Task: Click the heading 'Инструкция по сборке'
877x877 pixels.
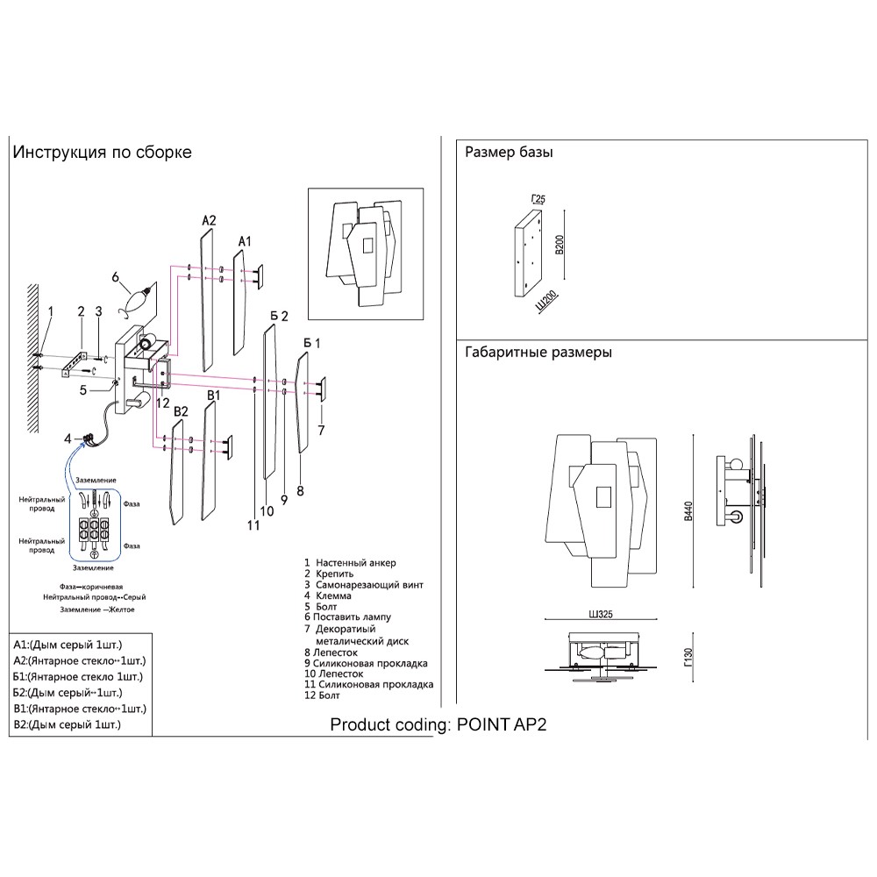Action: pos(102,152)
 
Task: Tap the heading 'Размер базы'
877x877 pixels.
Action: pos(509,152)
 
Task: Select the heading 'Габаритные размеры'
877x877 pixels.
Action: pos(538,352)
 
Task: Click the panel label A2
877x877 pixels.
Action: pos(208,220)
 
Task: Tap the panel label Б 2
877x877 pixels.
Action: pos(279,315)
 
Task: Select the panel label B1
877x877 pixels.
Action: pos(212,397)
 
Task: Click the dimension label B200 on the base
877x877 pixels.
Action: pos(559,243)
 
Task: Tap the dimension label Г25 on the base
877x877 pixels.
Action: pos(537,200)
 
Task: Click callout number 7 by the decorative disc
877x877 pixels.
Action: pos(322,430)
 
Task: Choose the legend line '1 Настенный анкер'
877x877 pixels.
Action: pos(350,562)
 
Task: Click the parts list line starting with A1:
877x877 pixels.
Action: pos(68,645)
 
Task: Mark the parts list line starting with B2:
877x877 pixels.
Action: pos(68,724)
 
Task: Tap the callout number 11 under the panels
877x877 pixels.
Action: pos(253,525)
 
